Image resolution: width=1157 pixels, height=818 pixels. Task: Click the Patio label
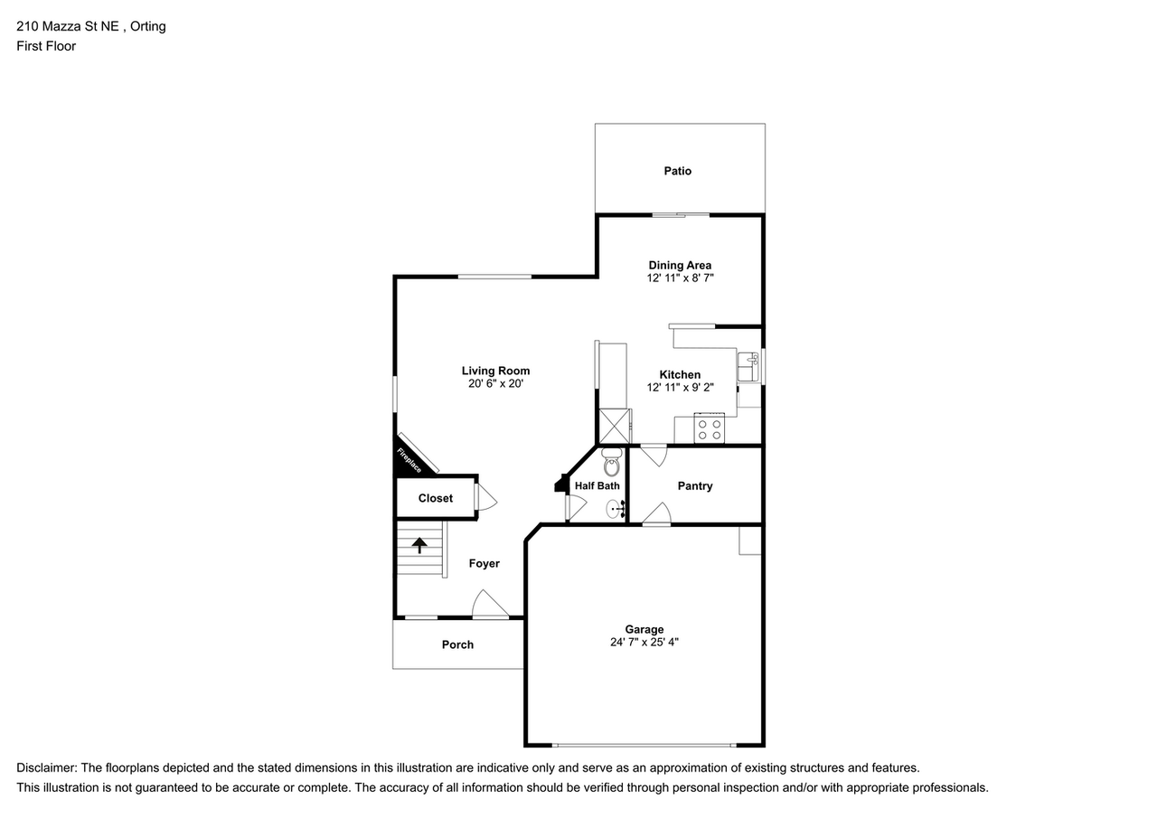pyautogui.click(x=677, y=171)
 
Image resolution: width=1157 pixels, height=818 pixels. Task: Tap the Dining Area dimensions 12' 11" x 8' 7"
pyautogui.click(x=680, y=278)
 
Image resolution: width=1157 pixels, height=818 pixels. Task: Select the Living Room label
pyautogui.click(x=495, y=371)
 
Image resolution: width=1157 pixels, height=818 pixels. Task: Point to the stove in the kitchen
pyautogui.click(x=710, y=429)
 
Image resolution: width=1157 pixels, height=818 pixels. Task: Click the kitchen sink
pyautogui.click(x=748, y=368)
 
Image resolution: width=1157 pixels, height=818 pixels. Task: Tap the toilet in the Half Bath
pyautogui.click(x=612, y=463)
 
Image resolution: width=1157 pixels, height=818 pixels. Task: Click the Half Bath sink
pyautogui.click(x=615, y=509)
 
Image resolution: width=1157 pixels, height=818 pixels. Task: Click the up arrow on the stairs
pyautogui.click(x=419, y=545)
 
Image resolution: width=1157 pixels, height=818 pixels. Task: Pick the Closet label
pyautogui.click(x=436, y=498)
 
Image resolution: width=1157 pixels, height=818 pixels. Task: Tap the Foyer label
pyautogui.click(x=484, y=563)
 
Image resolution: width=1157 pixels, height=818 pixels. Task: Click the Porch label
pyautogui.click(x=457, y=644)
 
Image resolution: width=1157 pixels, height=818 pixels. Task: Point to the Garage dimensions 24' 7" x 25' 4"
pyautogui.click(x=644, y=643)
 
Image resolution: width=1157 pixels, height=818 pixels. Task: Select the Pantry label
pyautogui.click(x=695, y=485)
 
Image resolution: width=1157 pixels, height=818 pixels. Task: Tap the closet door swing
pyautogui.click(x=485, y=498)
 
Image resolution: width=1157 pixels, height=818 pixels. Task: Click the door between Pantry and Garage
pyautogui.click(x=656, y=515)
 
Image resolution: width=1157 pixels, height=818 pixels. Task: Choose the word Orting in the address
pyautogui.click(x=147, y=26)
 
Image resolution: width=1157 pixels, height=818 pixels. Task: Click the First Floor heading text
pyautogui.click(x=46, y=46)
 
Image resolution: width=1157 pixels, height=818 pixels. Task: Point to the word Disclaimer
pyautogui.click(x=46, y=767)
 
